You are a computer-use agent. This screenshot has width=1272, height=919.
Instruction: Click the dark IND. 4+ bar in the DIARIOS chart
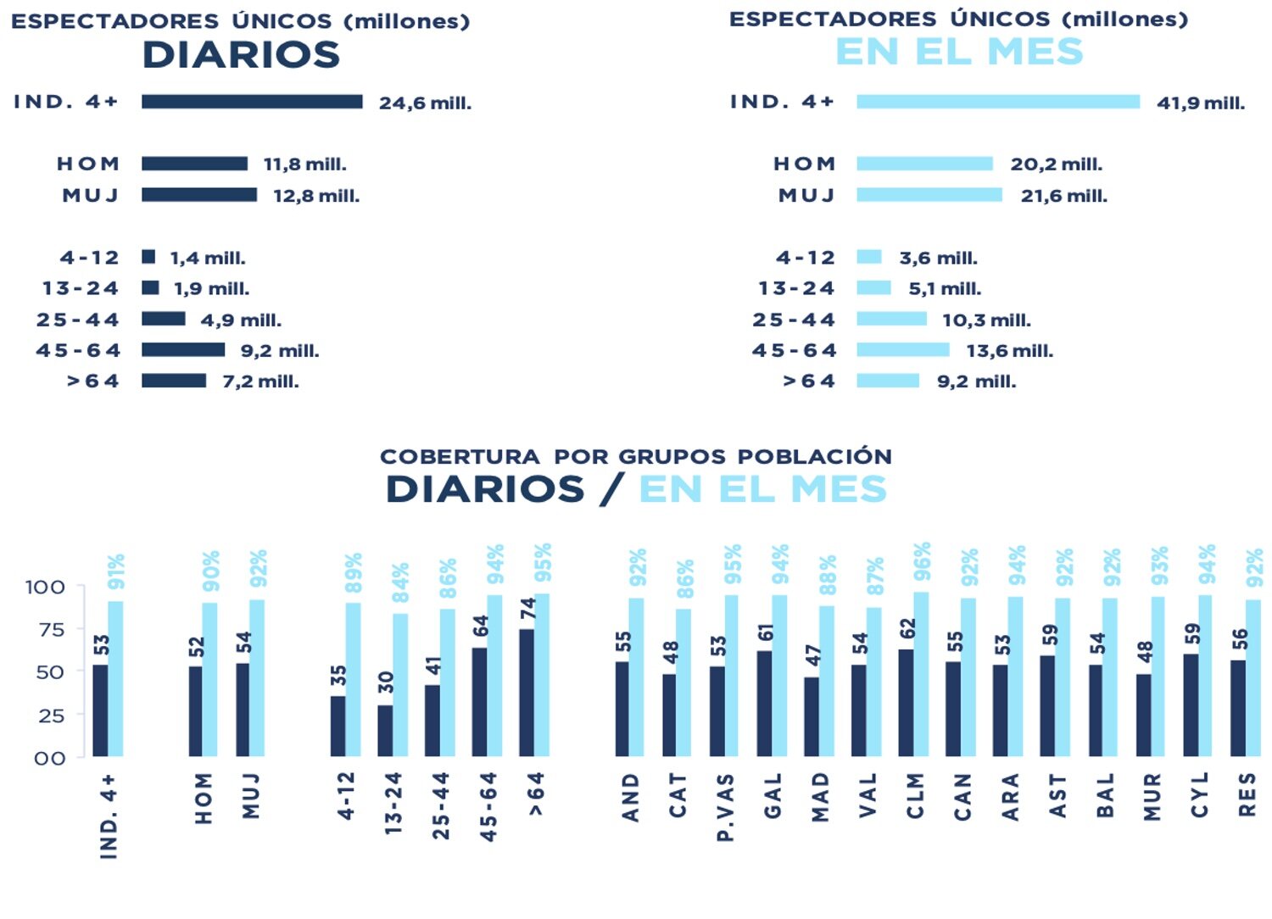point(252,102)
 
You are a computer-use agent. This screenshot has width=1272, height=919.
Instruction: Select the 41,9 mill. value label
point(1201,103)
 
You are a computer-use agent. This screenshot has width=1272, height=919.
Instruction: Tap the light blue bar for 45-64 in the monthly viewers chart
point(902,350)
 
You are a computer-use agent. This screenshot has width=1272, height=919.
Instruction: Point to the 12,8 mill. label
point(316,196)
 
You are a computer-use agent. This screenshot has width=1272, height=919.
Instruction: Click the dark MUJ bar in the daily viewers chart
point(199,195)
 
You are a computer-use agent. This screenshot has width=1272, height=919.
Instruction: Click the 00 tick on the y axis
point(49,758)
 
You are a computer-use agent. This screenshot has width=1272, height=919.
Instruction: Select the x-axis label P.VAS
point(725,807)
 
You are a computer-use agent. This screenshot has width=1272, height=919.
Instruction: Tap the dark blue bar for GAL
point(764,704)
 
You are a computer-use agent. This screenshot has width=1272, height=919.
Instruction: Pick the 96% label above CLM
point(923,561)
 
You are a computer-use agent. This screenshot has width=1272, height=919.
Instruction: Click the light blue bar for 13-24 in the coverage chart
point(400,685)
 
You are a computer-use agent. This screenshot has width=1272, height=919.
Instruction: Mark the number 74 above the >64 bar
point(528,609)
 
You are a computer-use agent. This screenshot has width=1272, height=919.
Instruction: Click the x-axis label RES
point(1247,795)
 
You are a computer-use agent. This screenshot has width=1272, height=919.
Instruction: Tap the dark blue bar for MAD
point(812,716)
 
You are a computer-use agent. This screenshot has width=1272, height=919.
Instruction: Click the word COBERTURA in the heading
point(459,457)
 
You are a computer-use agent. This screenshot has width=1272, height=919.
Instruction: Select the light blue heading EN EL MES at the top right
point(959,53)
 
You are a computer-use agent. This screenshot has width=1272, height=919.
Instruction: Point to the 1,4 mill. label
point(208,259)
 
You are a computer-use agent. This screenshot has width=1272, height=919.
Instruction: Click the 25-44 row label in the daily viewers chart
point(78,320)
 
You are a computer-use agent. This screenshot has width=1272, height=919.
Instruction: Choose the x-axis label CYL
point(1199,795)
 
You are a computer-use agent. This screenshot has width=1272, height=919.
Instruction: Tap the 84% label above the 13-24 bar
point(400,582)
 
